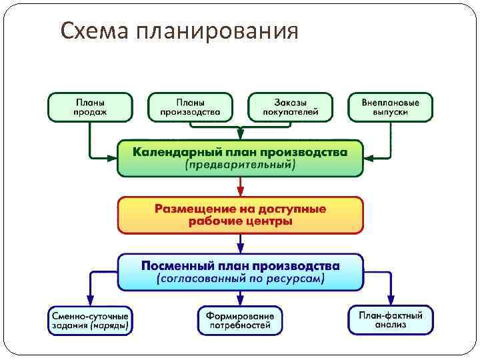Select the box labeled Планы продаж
90,107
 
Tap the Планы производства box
190,107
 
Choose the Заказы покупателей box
290,107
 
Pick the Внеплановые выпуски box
390,107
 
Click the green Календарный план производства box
240,158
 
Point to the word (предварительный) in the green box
240,165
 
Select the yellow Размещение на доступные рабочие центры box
240,215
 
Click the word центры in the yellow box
271,221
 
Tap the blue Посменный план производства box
240,271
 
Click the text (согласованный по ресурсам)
240,279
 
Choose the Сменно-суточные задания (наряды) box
90,320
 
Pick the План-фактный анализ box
390,320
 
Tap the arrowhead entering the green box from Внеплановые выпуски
369,158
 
